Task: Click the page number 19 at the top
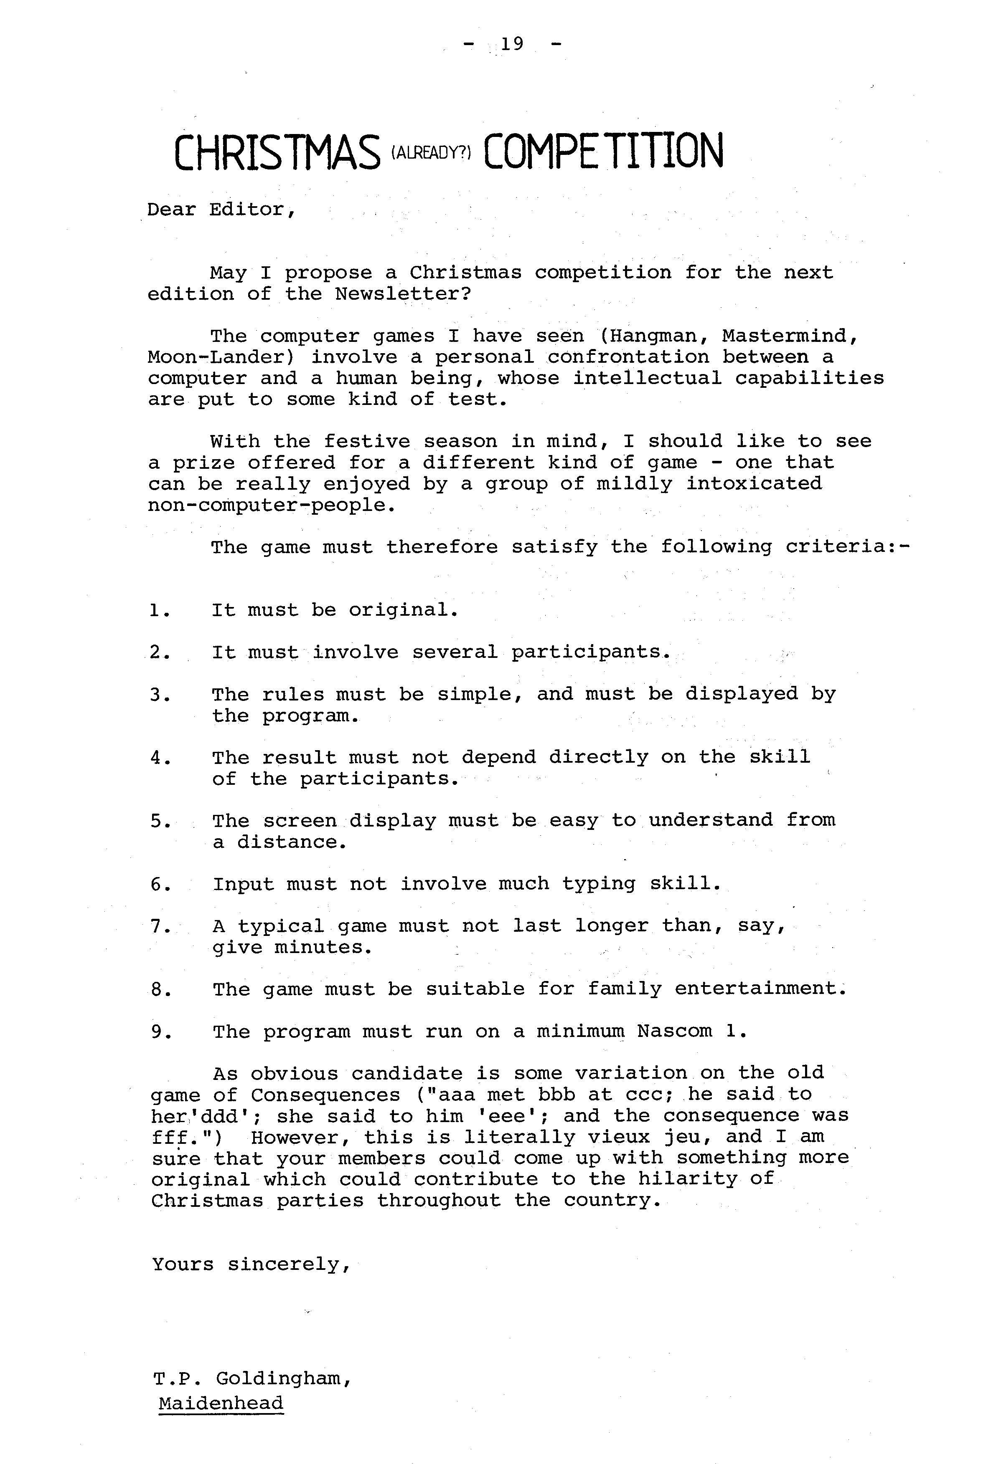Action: (512, 44)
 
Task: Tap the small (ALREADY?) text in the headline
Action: (431, 153)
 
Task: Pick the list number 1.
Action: (159, 610)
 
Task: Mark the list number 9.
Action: (159, 1032)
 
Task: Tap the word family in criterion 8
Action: (625, 989)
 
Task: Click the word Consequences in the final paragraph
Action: (325, 1095)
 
